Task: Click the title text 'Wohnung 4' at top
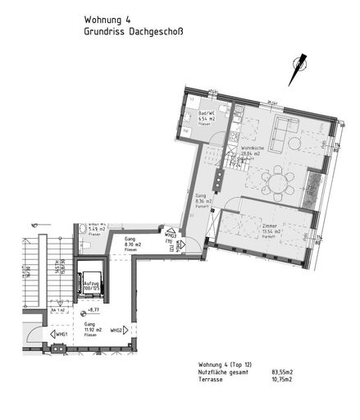click(107, 19)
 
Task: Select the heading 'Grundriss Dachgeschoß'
click(134, 33)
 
